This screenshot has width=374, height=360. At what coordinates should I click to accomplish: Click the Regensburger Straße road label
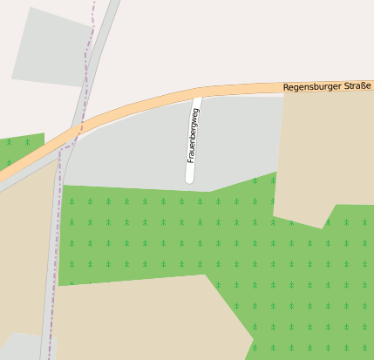(327, 86)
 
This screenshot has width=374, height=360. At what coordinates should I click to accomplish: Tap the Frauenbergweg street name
(192, 135)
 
